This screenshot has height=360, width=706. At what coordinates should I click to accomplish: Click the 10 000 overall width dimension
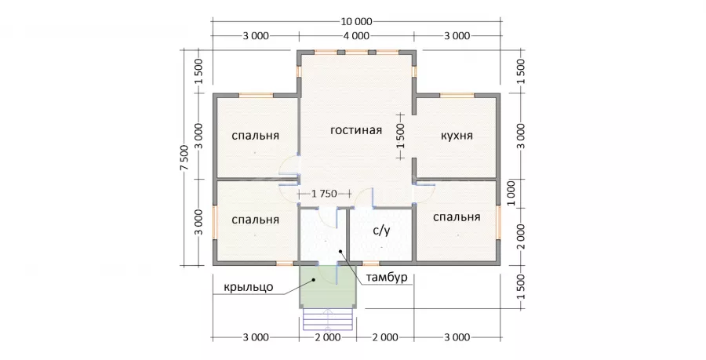tap(356, 21)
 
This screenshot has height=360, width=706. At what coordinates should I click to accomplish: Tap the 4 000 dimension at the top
tap(356, 35)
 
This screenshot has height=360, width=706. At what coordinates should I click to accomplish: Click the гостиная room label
tap(356, 130)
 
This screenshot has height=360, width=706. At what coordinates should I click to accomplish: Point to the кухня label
tap(457, 136)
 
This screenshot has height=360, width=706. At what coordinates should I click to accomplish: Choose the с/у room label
tap(381, 231)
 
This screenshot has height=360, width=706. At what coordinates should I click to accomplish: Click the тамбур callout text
tap(386, 277)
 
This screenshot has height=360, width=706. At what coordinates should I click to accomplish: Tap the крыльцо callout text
tap(249, 286)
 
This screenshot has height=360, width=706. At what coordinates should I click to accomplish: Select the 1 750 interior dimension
tap(324, 194)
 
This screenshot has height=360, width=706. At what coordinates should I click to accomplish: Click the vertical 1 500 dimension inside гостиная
tap(401, 136)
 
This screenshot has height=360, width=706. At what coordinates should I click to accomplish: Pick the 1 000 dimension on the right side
tap(511, 194)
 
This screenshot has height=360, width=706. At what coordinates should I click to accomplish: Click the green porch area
tap(328, 286)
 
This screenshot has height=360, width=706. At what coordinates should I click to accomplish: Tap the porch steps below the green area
tap(328, 320)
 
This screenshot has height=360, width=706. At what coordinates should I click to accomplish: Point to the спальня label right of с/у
tap(457, 217)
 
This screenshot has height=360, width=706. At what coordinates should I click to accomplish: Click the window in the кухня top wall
tap(457, 95)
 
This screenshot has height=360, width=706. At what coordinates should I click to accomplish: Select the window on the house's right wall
tap(498, 222)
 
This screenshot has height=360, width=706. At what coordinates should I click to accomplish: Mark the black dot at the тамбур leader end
tap(341, 251)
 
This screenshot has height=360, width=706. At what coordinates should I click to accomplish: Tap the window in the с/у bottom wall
tap(370, 264)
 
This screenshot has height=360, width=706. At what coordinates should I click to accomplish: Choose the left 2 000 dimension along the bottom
tap(328, 337)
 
